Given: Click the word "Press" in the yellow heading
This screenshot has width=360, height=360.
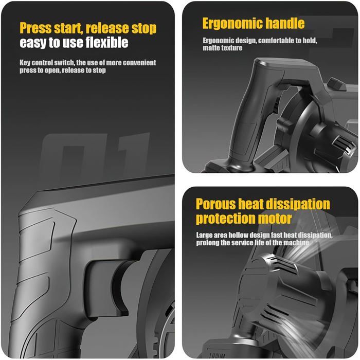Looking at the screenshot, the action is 35,28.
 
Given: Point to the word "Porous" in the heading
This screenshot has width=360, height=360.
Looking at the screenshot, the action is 216,204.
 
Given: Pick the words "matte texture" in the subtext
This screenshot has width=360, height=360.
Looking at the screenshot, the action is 223,48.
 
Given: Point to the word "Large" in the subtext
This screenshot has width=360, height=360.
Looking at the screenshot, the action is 204,236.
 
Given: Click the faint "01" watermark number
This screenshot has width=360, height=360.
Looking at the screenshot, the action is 95,154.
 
